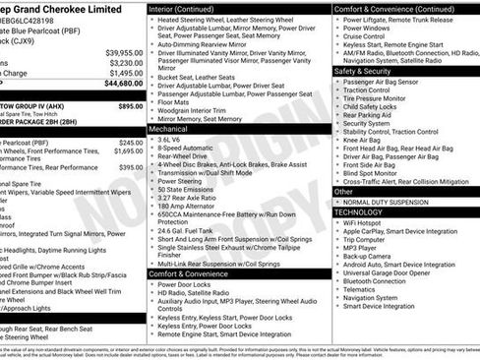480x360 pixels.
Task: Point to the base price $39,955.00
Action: click(x=124, y=51)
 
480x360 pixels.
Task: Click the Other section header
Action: click(x=343, y=192)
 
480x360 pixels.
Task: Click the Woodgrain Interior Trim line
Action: click(x=195, y=109)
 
